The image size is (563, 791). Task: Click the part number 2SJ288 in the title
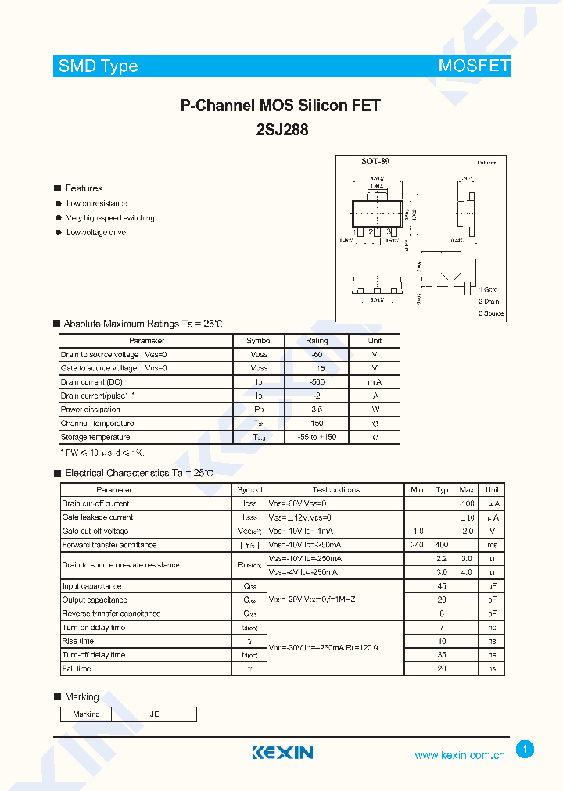tap(281, 131)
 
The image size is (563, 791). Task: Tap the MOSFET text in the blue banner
tap(474, 66)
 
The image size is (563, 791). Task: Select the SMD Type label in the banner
tap(99, 66)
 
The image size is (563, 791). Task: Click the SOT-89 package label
tap(375, 161)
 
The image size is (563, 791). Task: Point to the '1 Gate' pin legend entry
tap(489, 289)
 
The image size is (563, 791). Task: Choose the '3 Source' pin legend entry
tap(491, 313)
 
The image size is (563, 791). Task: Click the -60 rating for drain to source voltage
tap(317, 354)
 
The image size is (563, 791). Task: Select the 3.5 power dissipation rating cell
tap(317, 409)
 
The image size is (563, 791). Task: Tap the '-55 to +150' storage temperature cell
tap(317, 437)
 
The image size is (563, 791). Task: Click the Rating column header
tap(317, 341)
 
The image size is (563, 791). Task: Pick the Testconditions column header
tap(335, 490)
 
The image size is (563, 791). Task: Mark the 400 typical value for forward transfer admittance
tap(442, 545)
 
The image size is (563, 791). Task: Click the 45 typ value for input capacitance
tap(442, 586)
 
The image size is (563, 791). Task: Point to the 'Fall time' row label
tap(77, 669)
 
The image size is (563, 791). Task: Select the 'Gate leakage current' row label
tap(98, 517)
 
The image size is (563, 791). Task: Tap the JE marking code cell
tap(154, 714)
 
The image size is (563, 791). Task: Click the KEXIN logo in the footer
tap(282, 753)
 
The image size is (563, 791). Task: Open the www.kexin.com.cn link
tap(460, 755)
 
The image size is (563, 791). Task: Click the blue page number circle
tap(525, 750)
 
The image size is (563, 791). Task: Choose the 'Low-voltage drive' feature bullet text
tap(95, 233)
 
